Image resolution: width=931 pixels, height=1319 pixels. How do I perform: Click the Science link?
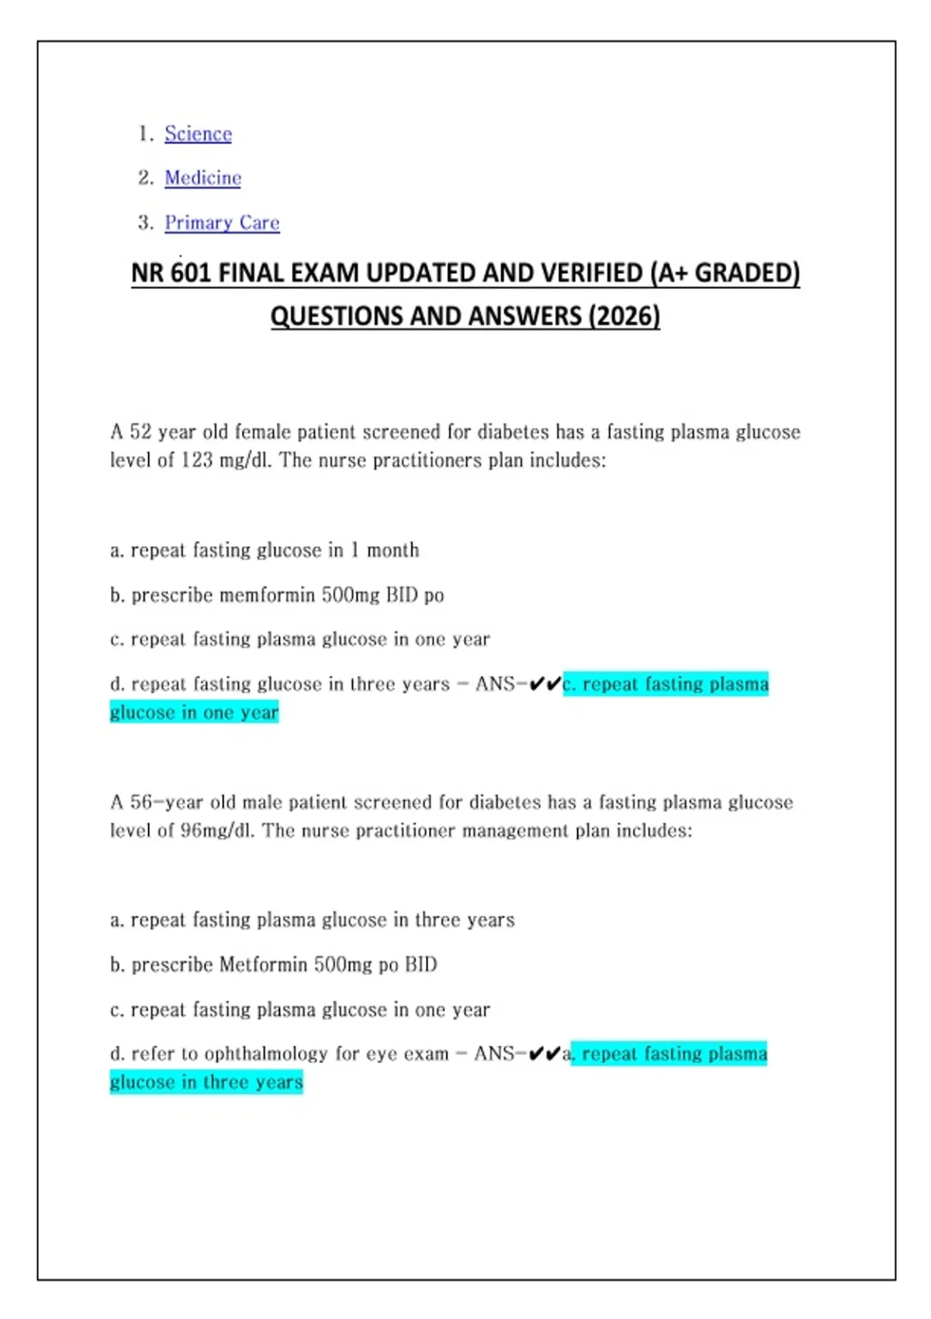point(198,133)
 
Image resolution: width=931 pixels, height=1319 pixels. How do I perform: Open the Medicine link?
point(202,178)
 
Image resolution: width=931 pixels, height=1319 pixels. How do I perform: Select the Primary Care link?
point(222,223)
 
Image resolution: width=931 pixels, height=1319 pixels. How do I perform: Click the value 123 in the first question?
point(196,460)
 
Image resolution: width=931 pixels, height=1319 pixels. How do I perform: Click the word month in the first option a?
point(393,550)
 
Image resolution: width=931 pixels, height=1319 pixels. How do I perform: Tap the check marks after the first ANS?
point(545,684)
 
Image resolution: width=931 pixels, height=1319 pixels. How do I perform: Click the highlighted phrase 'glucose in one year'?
point(194,712)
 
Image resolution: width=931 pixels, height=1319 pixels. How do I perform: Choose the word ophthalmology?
point(266,1054)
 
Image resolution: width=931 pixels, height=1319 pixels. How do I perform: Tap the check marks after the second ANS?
point(544,1054)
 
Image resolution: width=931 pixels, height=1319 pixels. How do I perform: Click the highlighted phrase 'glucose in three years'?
point(206,1082)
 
